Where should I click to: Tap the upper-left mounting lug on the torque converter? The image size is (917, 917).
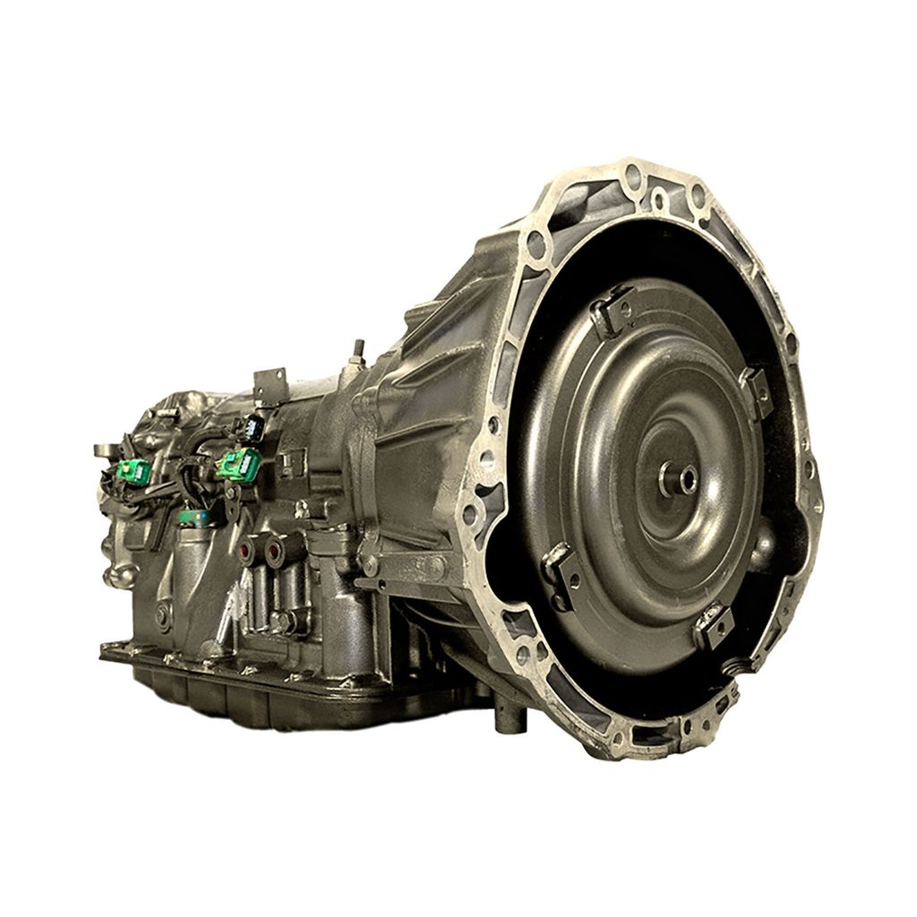tap(613, 309)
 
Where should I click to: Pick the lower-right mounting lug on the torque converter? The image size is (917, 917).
tap(714, 624)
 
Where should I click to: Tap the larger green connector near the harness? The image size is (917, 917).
tap(240, 464)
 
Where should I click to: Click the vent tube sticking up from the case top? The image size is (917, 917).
tap(358, 351)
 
